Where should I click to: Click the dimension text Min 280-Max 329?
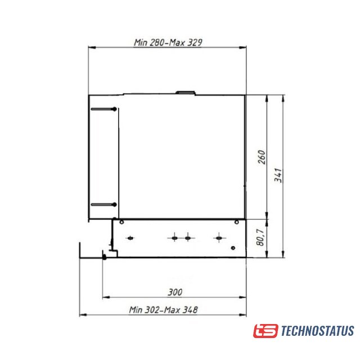(x=168, y=43)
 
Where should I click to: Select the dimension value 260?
(x=262, y=157)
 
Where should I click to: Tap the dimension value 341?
(x=278, y=175)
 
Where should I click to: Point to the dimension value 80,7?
(x=260, y=237)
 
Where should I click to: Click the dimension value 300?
(x=175, y=292)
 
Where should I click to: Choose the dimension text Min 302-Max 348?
(x=163, y=310)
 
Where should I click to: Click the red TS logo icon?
(x=265, y=331)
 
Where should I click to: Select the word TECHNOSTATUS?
(x=317, y=331)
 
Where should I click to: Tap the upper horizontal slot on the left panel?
(x=103, y=109)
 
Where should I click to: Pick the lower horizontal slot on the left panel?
(x=103, y=205)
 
